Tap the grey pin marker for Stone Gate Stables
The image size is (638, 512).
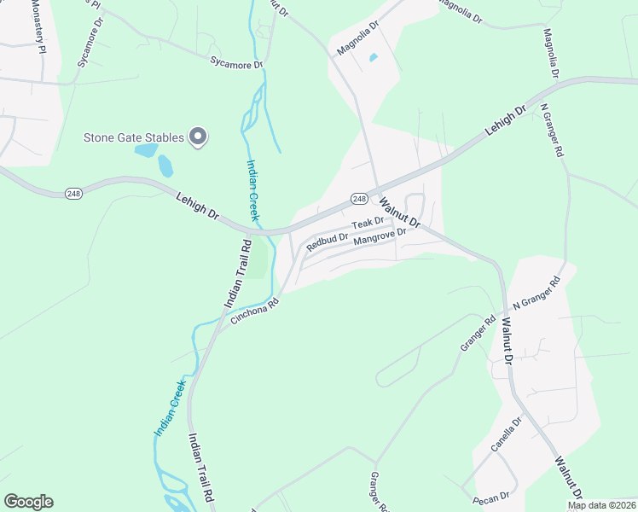click(x=199, y=137)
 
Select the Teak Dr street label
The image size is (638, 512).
click(x=368, y=223)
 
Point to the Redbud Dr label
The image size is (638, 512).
click(x=328, y=241)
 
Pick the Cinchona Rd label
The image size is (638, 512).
click(x=254, y=311)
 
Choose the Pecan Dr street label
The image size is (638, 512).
click(x=492, y=495)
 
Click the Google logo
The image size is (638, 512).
click(x=28, y=502)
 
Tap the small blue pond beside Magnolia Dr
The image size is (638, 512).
click(x=373, y=58)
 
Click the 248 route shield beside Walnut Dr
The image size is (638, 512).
click(x=359, y=199)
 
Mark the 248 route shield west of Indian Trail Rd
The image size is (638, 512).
click(x=73, y=194)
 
